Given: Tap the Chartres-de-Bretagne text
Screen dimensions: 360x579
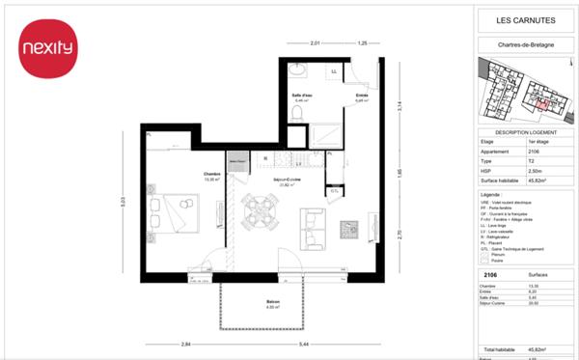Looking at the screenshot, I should coord(525,43).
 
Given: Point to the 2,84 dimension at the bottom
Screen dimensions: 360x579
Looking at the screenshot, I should coord(183,345).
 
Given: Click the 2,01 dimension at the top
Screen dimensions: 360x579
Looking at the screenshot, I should coord(315,44).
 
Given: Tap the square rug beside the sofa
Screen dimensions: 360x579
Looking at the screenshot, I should coord(353,230).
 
